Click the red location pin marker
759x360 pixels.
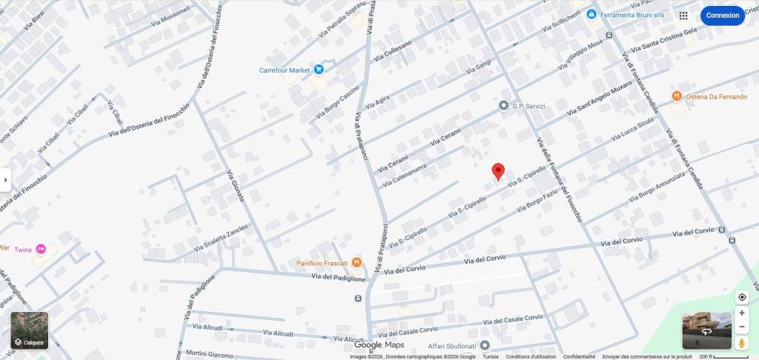coord(499,171)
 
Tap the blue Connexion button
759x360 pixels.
coord(722,15)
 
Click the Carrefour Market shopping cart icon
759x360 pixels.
coord(319,70)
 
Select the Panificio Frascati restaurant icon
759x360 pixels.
coord(357,261)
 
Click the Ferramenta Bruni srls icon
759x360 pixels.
coord(591,14)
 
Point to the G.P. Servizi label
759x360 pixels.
coord(528,106)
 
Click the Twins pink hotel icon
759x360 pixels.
coord(41,249)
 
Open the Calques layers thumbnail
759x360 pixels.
coord(29,330)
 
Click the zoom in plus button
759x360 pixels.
coord(742,313)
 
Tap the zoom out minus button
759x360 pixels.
coord(742,327)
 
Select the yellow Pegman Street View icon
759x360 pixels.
coord(742,344)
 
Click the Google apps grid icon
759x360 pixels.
coord(683,15)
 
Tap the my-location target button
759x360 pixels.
coord(742,297)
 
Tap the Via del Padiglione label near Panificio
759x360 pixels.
coord(338,278)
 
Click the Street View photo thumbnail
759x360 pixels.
coord(706,330)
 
